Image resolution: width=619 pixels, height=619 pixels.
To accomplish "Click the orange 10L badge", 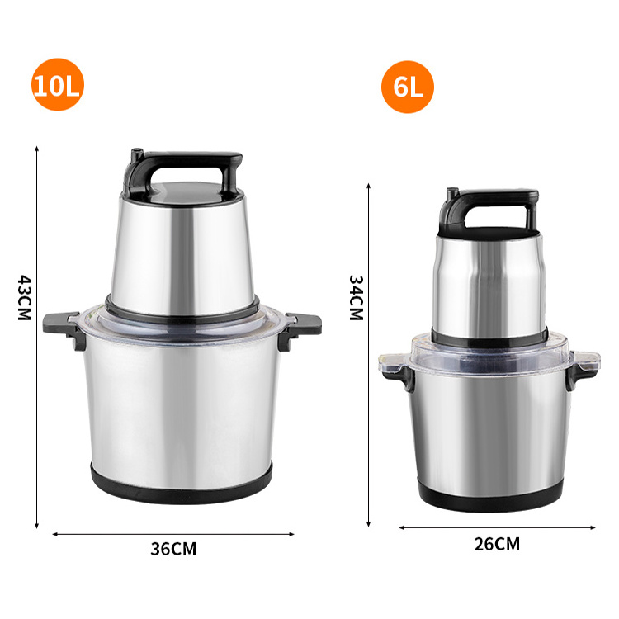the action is [x=58, y=84].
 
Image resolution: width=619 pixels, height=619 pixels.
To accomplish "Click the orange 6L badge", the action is [x=408, y=87].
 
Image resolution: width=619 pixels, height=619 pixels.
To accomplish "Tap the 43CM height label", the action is [x=25, y=298].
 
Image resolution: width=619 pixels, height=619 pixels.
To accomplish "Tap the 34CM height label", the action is [x=356, y=298].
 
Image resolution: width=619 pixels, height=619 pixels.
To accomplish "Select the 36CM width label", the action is [x=173, y=549].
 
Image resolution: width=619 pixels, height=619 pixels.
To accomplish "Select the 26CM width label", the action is [x=497, y=544].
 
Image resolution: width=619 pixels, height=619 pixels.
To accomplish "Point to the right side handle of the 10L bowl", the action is [x=300, y=327].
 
